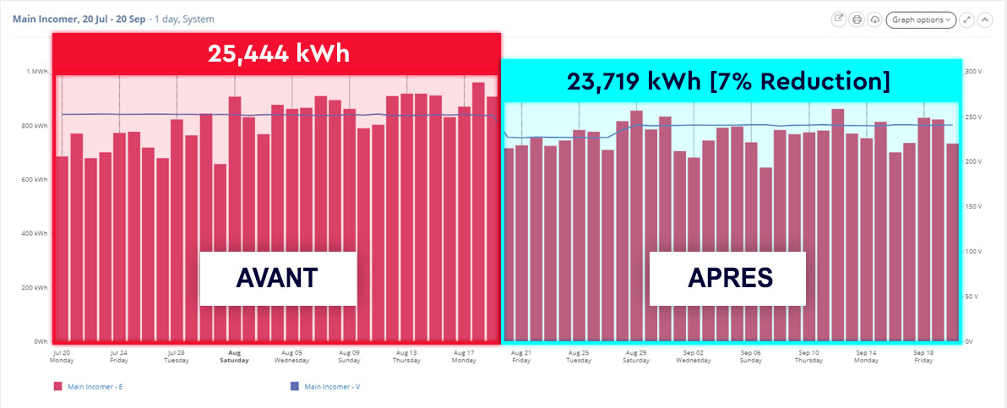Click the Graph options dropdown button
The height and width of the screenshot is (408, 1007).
920,19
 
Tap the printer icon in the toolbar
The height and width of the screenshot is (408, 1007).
857,19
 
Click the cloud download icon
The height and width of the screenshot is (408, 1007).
875,19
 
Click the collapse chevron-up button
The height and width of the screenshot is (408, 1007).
983,19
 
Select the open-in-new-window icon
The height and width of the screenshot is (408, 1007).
839,19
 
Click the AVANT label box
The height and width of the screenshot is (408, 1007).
278,278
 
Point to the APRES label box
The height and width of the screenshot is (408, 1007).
727,278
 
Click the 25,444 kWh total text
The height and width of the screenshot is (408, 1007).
278,54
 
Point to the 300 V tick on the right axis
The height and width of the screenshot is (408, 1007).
973,72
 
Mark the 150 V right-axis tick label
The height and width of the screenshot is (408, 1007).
973,206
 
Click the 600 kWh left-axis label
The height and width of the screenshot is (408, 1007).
35,180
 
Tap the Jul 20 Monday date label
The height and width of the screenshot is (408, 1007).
62,356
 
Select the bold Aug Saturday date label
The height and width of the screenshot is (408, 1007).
234,356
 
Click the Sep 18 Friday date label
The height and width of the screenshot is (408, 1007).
923,356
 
